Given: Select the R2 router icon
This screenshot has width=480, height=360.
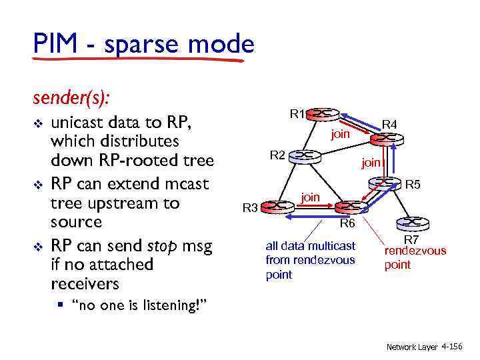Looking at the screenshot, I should pyautogui.click(x=304, y=155).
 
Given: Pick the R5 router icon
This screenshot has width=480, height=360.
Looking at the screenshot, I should pyautogui.click(x=388, y=183).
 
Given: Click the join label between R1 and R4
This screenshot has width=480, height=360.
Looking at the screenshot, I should pyautogui.click(x=341, y=134).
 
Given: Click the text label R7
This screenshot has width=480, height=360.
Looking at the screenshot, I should pyautogui.click(x=413, y=240).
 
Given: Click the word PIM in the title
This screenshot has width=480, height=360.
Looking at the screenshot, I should pyautogui.click(x=55, y=45).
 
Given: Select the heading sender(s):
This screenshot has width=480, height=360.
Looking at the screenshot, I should pyautogui.click(x=71, y=97).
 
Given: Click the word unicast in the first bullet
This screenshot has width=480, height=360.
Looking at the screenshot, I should pyautogui.click(x=83, y=122).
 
